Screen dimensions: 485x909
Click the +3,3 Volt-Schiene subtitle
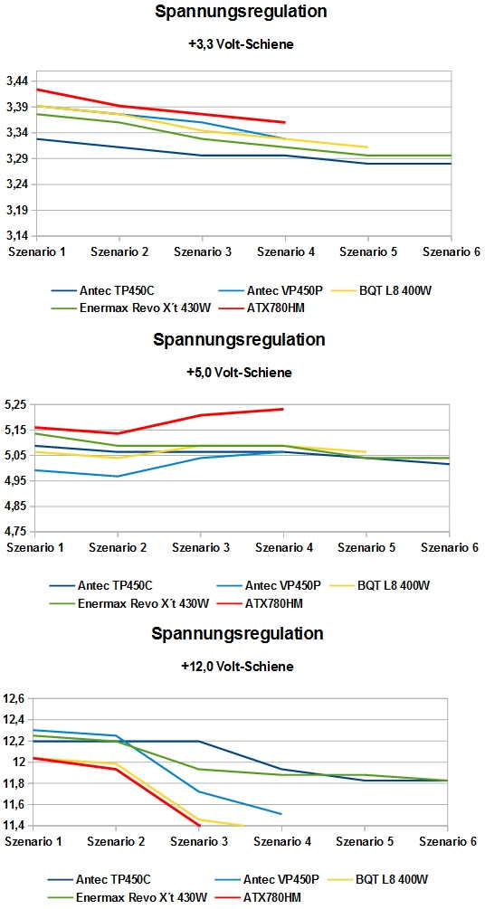241,43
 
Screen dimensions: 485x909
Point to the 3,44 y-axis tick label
18,81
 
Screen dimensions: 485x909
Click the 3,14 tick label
18,236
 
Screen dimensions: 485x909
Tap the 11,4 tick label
15,825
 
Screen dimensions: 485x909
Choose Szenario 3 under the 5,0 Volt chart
201,546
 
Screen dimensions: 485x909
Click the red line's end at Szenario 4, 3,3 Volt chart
284,122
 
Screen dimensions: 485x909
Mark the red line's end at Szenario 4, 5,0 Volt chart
283,409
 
